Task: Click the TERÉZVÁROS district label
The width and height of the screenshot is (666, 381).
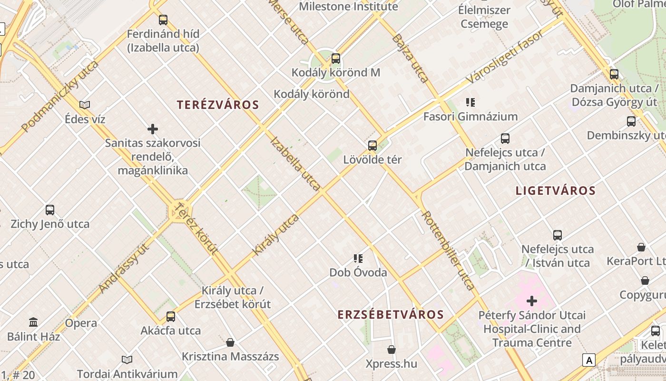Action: (218, 105)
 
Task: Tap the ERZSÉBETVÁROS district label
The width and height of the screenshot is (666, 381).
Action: (391, 314)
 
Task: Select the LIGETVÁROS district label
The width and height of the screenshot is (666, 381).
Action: (556, 191)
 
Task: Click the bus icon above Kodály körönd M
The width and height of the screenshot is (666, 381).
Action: (336, 59)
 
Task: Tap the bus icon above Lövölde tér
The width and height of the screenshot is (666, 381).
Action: (372, 145)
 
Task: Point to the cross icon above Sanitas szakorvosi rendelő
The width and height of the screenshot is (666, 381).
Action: (153, 129)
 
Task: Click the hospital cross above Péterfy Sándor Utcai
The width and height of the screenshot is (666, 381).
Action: (532, 301)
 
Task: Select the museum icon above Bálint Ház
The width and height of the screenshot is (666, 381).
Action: (33, 322)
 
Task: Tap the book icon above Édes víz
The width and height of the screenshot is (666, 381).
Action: (85, 105)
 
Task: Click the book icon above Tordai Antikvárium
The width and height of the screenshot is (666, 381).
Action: (127, 360)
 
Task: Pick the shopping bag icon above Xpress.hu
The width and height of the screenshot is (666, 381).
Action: (391, 350)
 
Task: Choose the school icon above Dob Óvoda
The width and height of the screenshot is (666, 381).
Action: (358, 259)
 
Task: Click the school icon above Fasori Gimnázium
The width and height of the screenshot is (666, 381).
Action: (470, 102)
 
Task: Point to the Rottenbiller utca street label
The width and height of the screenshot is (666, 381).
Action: (448, 251)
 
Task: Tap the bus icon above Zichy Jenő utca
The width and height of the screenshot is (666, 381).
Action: (50, 210)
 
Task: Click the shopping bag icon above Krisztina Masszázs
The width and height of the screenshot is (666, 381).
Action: (230, 342)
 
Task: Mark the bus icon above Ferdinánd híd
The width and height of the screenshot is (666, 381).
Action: (163, 20)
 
